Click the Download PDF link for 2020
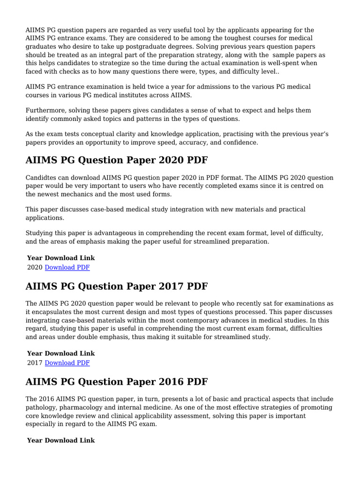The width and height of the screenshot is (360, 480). coord(67,267)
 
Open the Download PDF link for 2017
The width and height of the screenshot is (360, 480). coord(67,363)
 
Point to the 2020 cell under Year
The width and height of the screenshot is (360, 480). coord(35,267)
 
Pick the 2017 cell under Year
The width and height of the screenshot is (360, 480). coord(35,363)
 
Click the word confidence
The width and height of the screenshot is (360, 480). coord(241,142)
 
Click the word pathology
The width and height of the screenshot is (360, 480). coord(41,407)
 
